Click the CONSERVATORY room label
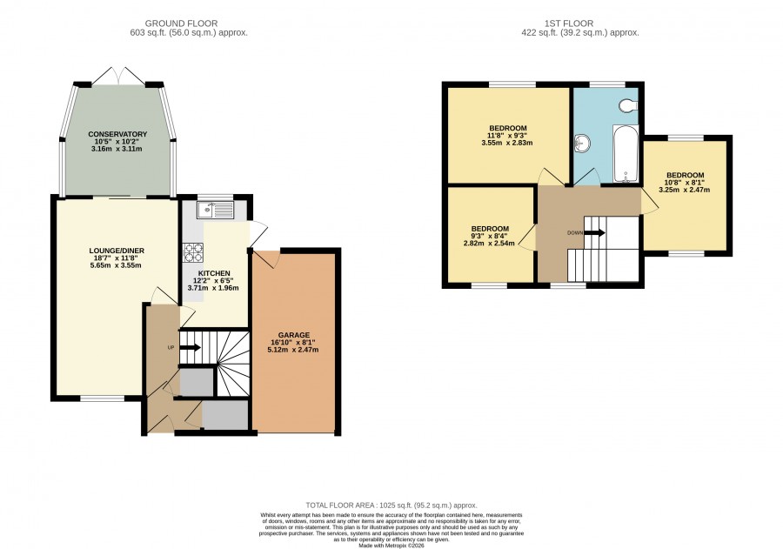click(x=117, y=134)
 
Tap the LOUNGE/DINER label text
click(x=117, y=251)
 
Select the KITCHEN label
click(x=214, y=273)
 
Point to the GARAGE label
click(x=294, y=335)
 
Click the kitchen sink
click(x=215, y=210)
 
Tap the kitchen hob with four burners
click(x=193, y=252)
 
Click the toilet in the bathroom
click(x=627, y=105)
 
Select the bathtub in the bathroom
click(x=626, y=154)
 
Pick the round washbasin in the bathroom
click(x=582, y=144)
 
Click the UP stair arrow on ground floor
click(x=191, y=347)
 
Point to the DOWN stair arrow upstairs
click(x=595, y=233)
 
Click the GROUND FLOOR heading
click(x=181, y=23)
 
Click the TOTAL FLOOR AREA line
click(x=391, y=505)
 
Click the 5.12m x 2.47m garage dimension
click(x=293, y=350)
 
